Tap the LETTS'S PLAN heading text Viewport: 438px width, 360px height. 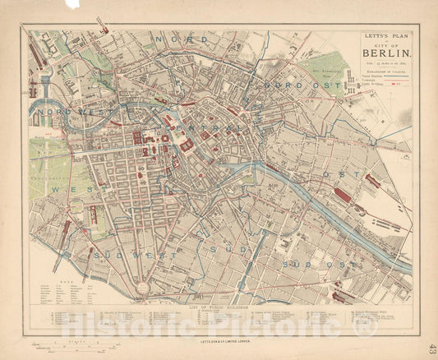coord(385,37)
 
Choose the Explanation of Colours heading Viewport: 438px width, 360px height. coord(385,72)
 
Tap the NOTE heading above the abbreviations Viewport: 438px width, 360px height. coord(46,283)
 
